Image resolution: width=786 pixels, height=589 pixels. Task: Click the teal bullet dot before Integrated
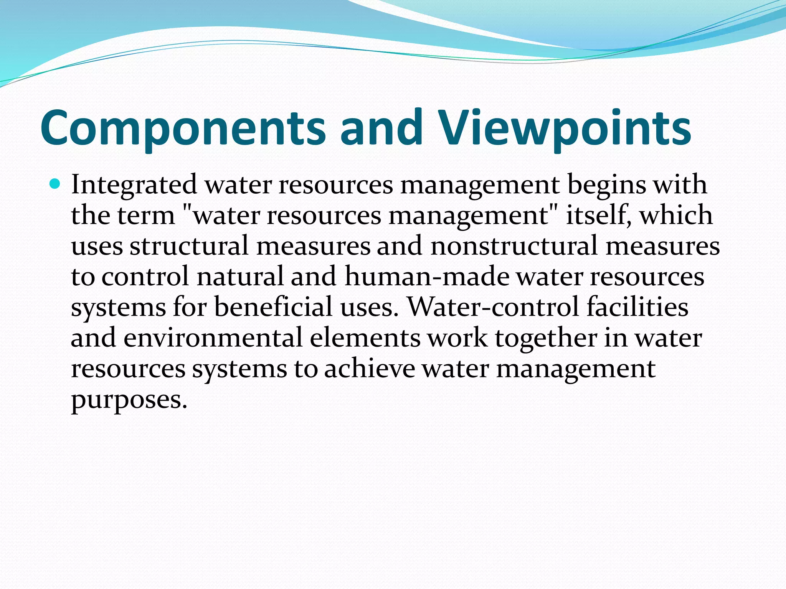[x=55, y=184]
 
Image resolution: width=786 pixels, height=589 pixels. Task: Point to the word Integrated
[x=134, y=185]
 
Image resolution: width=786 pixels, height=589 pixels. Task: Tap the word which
[x=676, y=215]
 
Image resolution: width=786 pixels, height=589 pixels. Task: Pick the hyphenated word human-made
[x=426, y=276]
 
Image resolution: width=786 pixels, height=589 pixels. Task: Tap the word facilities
[x=637, y=307]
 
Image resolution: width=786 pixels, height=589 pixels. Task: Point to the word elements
[x=365, y=338]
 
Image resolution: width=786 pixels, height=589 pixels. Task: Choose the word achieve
[x=370, y=369]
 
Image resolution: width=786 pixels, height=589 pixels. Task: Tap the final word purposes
[x=129, y=400]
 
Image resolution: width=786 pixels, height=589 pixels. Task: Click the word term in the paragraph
[x=146, y=215]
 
